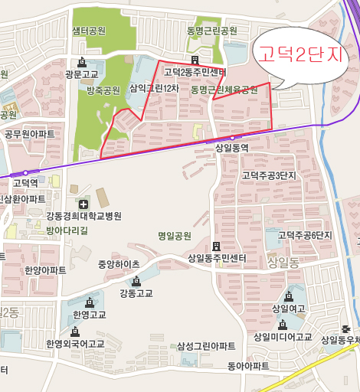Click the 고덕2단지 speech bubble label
pyautogui.click(x=302, y=54)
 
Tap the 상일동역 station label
pyautogui.click(x=231, y=148)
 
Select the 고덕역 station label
pyautogui.click(x=25, y=183)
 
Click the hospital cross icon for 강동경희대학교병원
pyautogui.click(x=82, y=204)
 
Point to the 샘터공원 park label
pyautogui.click(x=89, y=31)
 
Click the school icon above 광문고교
pyautogui.click(x=81, y=62)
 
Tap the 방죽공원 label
pyautogui.click(x=103, y=90)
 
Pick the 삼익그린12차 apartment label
pyautogui.click(x=154, y=89)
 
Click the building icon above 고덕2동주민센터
pyautogui.click(x=195, y=60)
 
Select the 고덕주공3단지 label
pyautogui.click(x=268, y=176)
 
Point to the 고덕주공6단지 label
pyautogui.click(x=305, y=235)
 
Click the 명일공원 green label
pyautogui.click(x=174, y=236)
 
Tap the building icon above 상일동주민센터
pyautogui.click(x=217, y=247)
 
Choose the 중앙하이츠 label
pyautogui.click(x=119, y=264)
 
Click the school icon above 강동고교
pyautogui.click(x=136, y=281)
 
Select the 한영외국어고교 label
pyautogui.click(x=74, y=344)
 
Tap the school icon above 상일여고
pyautogui.click(x=288, y=296)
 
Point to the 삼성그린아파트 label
pyautogui.click(x=206, y=347)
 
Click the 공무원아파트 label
pyautogui.click(x=30, y=134)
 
